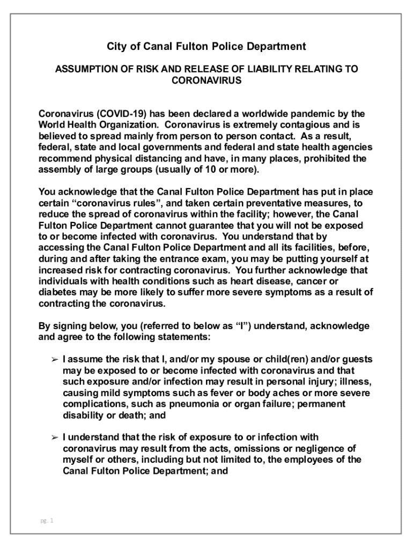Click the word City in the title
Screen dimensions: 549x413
click(117, 47)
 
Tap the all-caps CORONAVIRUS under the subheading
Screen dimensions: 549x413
click(206, 81)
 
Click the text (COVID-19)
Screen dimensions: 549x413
click(122, 114)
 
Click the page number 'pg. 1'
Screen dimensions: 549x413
click(47, 520)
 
